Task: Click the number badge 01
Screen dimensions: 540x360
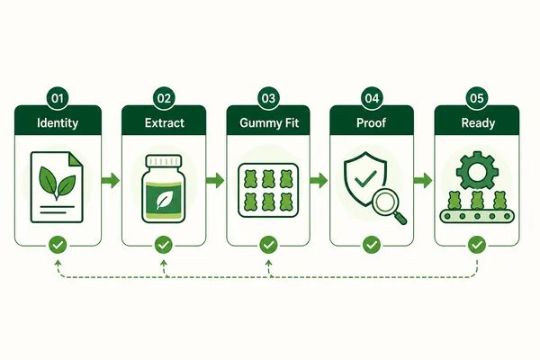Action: point(58,98)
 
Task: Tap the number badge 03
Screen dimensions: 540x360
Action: point(268,98)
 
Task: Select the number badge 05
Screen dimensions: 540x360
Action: point(477,98)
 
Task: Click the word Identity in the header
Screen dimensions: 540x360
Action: point(58,123)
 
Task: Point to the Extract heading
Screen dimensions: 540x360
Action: point(165,123)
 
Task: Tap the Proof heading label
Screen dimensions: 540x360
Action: point(371,123)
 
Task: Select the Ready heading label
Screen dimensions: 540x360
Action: point(479,123)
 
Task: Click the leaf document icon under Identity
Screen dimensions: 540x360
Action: point(57,187)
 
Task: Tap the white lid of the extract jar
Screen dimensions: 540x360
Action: point(164,161)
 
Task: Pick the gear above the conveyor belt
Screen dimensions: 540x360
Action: point(477,170)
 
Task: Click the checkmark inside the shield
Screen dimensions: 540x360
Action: point(365,178)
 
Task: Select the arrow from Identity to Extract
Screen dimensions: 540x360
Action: point(111,180)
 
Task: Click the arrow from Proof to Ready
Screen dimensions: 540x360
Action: point(423,180)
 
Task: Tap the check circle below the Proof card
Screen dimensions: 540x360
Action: point(372,245)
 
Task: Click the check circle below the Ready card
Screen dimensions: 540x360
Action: point(477,245)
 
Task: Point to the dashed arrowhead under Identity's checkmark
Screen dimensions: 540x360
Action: point(58,263)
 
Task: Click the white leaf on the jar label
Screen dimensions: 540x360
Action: point(162,201)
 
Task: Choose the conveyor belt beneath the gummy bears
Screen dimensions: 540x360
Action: point(477,216)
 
